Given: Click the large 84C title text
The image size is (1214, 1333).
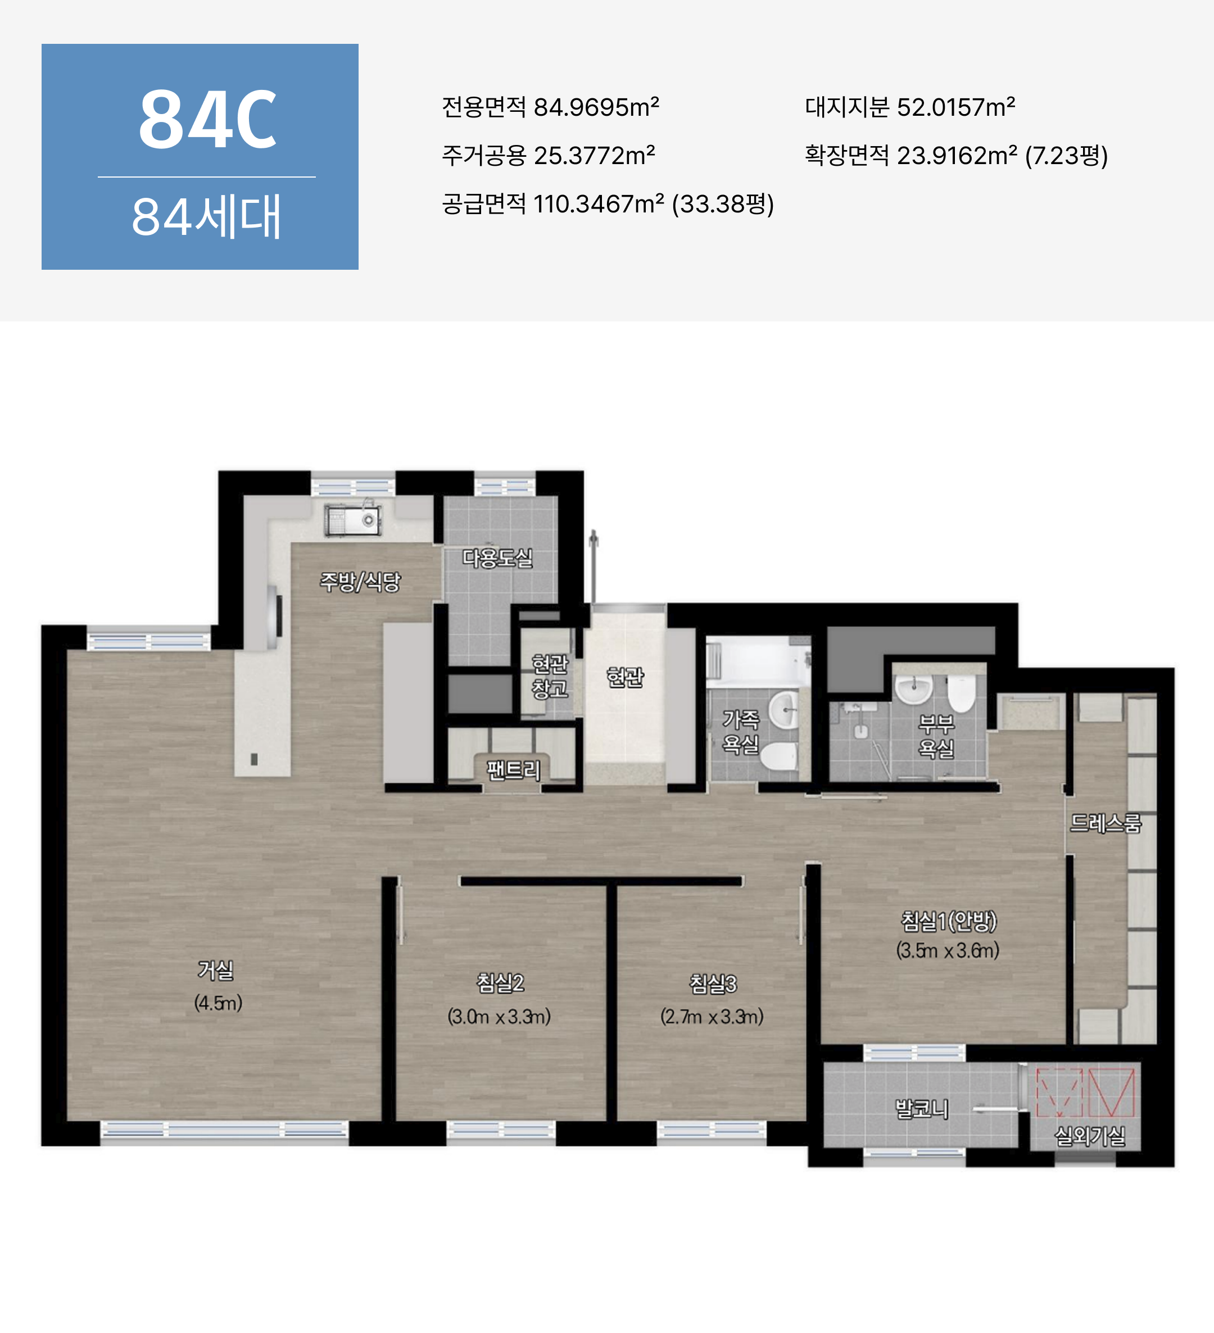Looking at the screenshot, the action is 207,120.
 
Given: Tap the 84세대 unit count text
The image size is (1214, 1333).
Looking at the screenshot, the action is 206,216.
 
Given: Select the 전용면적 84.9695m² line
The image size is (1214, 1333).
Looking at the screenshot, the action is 550,106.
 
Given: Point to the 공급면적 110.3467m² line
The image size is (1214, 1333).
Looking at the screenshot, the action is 608,203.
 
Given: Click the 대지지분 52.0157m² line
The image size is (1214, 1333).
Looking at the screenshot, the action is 910,106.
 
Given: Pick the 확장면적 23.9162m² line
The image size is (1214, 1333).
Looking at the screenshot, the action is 956,155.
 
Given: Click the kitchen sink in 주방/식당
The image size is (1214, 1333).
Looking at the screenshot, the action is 352,521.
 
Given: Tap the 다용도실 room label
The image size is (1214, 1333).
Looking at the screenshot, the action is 497,558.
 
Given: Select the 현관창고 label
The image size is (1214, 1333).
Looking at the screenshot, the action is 550,675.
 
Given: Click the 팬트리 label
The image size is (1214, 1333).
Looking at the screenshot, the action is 514,770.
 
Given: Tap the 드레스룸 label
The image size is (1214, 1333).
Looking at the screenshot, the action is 1106,823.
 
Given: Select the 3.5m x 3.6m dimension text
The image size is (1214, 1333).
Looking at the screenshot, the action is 948,950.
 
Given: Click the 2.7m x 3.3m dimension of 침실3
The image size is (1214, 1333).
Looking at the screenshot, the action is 712,1016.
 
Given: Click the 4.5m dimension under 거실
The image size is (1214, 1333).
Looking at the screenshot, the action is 218,1003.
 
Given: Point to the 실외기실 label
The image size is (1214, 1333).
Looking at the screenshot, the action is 1090,1136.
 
